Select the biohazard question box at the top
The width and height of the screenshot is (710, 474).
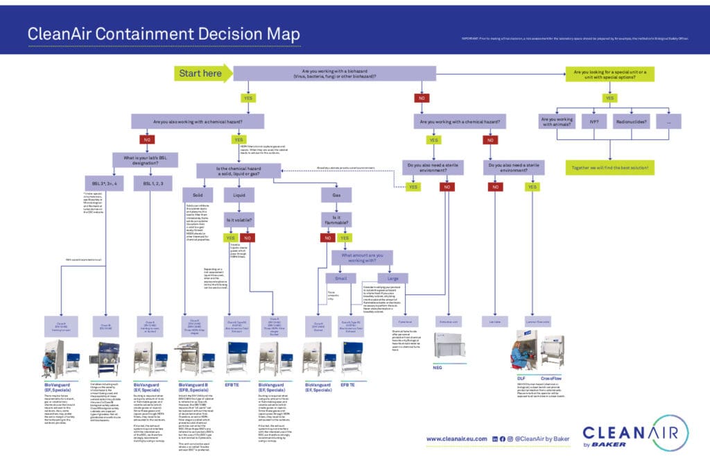point(334,73)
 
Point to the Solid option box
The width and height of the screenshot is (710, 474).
point(197,195)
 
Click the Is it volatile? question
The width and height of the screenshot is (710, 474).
point(239,220)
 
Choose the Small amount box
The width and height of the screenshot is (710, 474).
point(340,278)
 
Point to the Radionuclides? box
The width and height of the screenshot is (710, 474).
point(631,121)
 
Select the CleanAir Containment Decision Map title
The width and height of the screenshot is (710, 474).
point(164,34)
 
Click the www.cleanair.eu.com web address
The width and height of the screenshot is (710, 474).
point(455,439)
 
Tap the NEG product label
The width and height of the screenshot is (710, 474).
point(438,367)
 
